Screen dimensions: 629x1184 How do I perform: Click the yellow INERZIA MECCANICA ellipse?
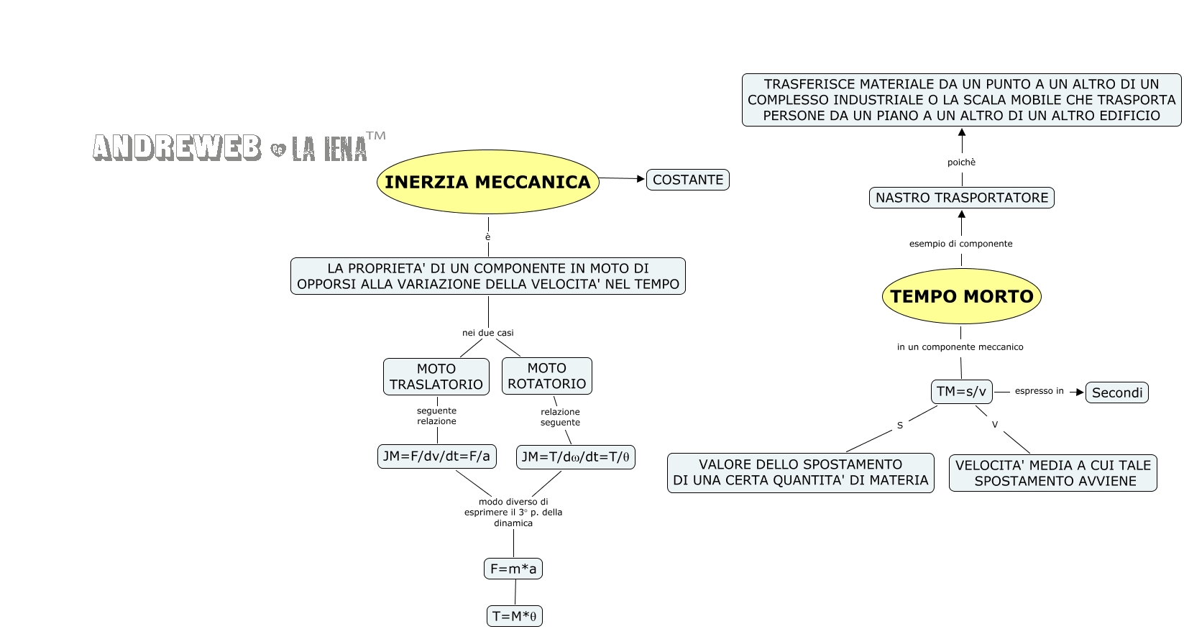pos(487,182)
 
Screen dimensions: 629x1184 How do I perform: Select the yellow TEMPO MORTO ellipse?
pos(961,296)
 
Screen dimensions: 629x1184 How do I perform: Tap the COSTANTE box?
pos(687,180)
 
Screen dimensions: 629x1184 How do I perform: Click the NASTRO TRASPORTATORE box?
pos(961,198)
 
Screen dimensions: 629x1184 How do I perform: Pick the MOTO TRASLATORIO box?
pos(436,377)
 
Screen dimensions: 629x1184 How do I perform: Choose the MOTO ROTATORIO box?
pos(546,376)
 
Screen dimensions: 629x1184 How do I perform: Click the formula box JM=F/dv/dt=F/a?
pos(436,456)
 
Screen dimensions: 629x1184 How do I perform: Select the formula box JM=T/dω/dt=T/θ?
pos(575,457)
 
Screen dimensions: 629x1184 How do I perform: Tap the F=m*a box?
pos(513,569)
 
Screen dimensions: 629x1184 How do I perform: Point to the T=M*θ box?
pos(514,616)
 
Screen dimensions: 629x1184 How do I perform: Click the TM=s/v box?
pos(961,392)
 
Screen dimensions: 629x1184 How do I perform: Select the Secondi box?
pos(1116,392)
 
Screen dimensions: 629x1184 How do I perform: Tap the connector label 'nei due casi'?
pos(487,333)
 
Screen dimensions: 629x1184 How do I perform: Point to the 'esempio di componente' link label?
pos(960,244)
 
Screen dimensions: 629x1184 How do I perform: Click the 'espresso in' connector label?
pos(1039,391)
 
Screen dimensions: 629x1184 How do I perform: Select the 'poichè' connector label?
pos(961,162)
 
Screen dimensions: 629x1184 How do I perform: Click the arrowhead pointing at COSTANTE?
pos(641,179)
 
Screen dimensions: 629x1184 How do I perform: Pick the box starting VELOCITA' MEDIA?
pos(1052,473)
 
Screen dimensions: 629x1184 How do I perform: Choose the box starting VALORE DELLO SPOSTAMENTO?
pos(800,472)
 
